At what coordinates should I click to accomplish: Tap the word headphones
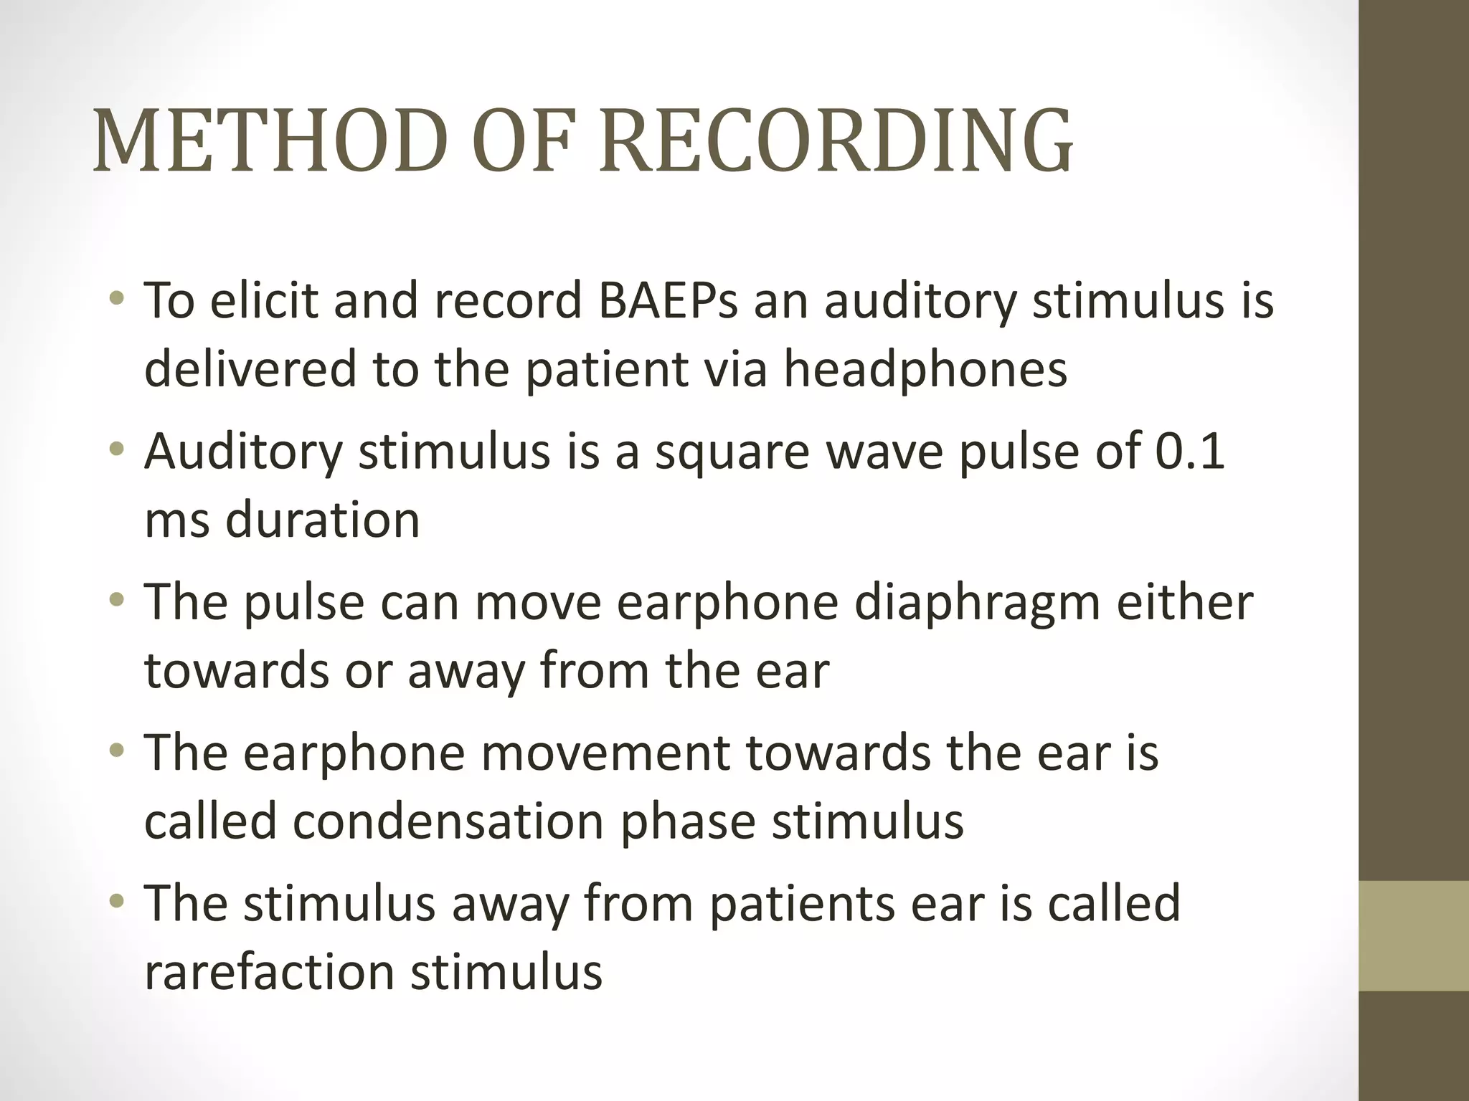click(925, 370)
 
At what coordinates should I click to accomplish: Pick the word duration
click(322, 520)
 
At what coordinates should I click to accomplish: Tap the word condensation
click(448, 821)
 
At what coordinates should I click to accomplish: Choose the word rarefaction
click(269, 972)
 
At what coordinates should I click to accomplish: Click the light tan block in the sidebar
click(1413, 936)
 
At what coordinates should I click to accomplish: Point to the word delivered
click(250, 370)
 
